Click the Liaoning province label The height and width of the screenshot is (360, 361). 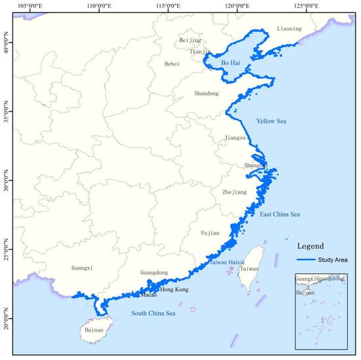click(289, 29)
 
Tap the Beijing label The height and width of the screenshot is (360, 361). click(190, 41)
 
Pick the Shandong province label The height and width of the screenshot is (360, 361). click(206, 94)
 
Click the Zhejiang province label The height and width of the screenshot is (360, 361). click(234, 192)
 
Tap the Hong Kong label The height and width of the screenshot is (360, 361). click(174, 289)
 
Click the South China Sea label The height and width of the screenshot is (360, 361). click(158, 313)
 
